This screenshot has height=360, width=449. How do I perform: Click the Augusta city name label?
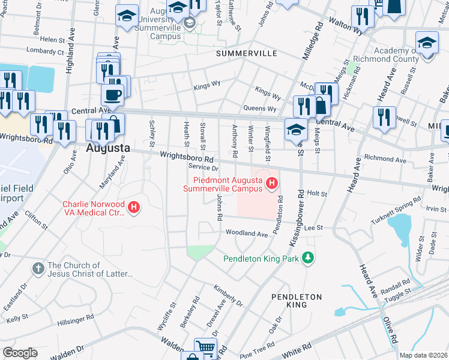point(107,147)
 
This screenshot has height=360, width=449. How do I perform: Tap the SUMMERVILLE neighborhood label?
point(246,53)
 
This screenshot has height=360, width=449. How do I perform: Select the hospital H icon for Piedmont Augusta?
point(273,183)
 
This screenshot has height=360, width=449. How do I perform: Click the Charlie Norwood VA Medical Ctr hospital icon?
point(134,208)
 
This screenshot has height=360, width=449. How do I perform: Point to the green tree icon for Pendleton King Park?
point(308,258)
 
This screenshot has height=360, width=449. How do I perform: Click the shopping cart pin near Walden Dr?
point(205,346)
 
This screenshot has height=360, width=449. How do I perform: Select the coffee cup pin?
point(112,94)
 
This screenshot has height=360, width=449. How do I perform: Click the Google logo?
point(20,353)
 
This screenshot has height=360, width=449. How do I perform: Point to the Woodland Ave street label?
point(246,233)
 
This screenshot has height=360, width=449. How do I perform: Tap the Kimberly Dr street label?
point(228,295)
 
